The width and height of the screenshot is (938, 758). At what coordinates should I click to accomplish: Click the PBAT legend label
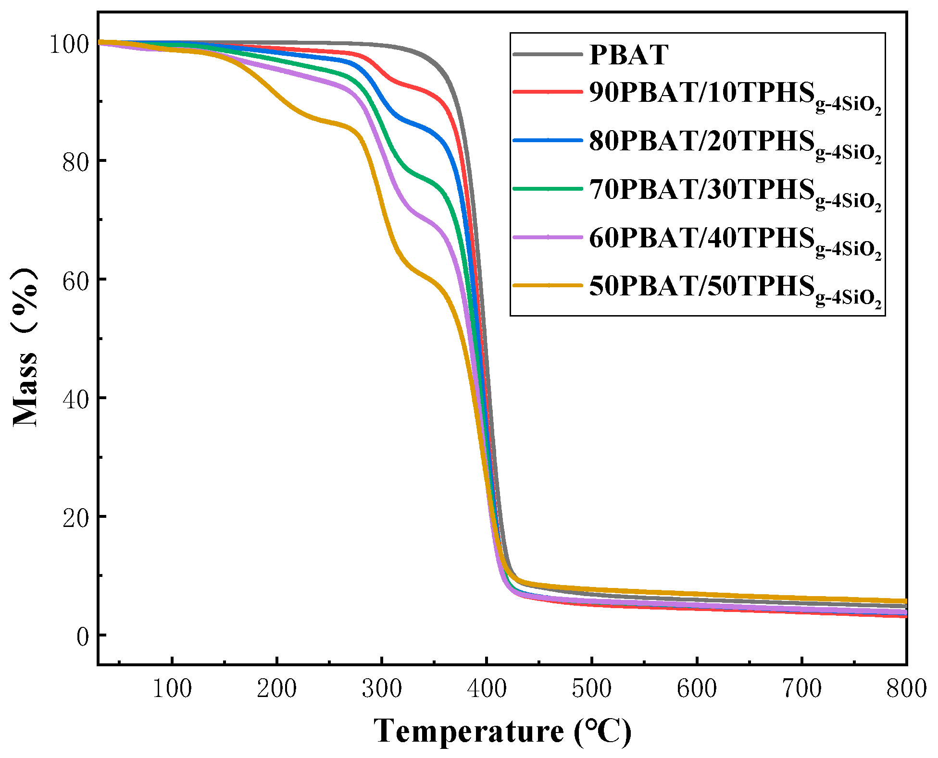click(x=628, y=54)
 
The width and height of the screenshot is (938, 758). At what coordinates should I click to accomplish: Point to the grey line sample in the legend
click(x=548, y=54)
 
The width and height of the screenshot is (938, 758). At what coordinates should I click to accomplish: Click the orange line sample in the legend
click(x=548, y=285)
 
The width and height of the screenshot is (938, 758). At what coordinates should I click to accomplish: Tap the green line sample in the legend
click(x=548, y=189)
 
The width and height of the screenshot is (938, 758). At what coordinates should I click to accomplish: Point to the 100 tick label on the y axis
click(x=70, y=44)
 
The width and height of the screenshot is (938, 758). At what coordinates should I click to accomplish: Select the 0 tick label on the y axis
click(x=83, y=636)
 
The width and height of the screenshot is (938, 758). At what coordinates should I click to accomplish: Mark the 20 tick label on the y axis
click(x=76, y=518)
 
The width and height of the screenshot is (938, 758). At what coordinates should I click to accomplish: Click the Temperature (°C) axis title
click(x=502, y=732)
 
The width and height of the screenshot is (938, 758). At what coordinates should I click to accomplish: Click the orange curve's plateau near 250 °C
click(x=329, y=122)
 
